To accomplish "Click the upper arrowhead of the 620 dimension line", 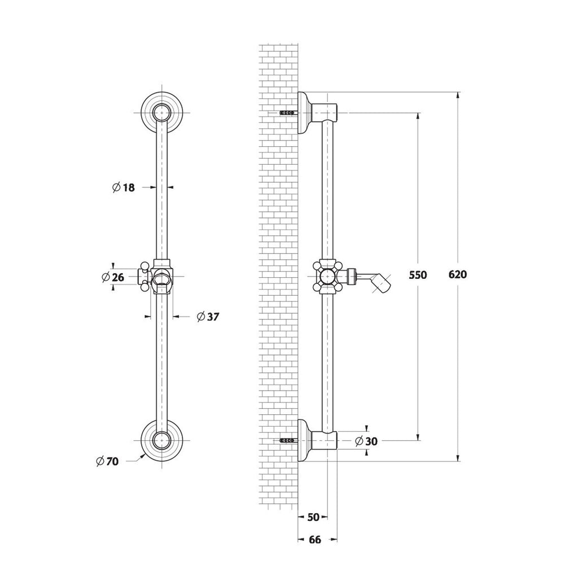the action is (458, 95).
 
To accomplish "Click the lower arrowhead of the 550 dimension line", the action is (418, 437).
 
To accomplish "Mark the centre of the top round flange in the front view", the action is (162, 112).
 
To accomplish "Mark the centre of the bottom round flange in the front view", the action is (162, 440).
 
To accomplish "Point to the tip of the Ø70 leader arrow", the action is (144, 454).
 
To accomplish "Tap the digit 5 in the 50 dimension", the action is (310, 517).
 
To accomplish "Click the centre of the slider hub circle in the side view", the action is (327, 276).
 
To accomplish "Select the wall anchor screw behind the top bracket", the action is (287, 112).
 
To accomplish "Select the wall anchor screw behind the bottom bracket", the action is (287, 440).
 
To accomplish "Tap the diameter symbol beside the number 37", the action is (200, 316).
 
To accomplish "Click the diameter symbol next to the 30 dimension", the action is (360, 441).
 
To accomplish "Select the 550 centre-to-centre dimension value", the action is (418, 275).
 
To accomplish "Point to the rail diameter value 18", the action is (129, 187).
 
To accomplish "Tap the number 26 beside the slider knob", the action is (118, 277).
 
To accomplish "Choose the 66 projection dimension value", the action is (315, 540).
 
